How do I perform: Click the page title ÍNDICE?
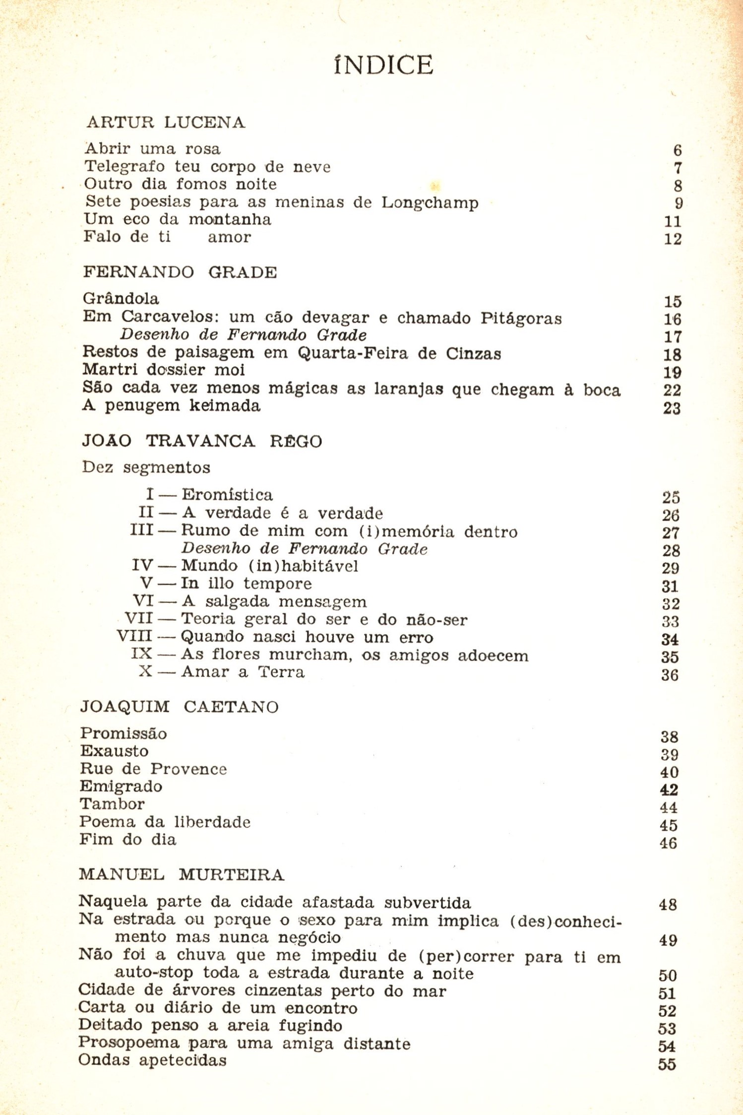383,65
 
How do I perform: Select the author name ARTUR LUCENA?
166,123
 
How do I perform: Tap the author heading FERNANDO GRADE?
180,272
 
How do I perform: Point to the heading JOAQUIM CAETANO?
179,707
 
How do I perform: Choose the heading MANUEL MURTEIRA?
182,874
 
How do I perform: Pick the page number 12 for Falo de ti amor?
673,239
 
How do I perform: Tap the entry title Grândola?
121,299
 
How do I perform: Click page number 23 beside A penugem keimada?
672,408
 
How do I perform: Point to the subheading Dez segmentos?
146,467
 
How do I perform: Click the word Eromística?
227,495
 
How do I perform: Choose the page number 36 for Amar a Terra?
670,675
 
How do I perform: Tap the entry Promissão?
124,733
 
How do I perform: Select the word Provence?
188,769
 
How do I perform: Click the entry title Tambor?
112,804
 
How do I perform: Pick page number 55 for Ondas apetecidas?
667,1064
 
